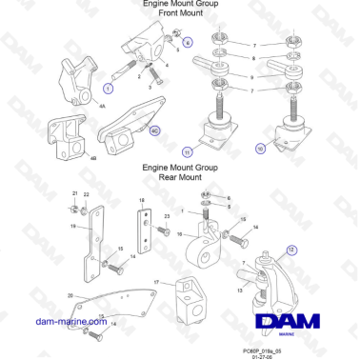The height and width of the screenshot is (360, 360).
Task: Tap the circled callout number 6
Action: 187,43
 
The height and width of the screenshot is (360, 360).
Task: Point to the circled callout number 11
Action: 187,151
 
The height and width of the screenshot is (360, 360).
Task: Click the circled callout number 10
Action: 260,149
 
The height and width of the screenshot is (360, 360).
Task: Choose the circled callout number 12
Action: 291,249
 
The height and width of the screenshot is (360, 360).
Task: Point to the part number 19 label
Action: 72,227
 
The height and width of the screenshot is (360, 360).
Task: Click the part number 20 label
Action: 70,295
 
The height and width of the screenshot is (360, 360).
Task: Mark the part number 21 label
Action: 76,193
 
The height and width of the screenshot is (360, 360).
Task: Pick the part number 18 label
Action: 142,201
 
